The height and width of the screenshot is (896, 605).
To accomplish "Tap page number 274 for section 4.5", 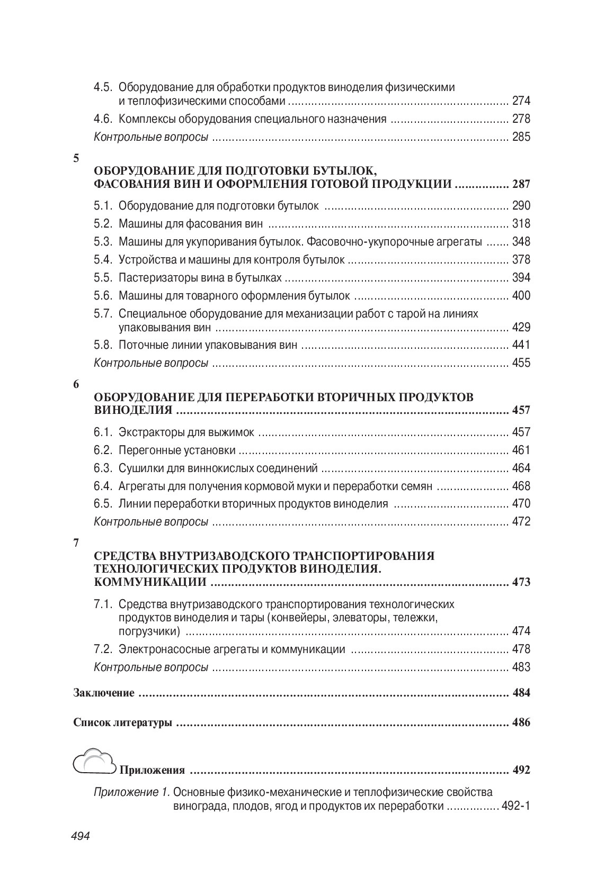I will pyautogui.click(x=521, y=101).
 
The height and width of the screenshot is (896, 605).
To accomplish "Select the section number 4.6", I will pyautogui.click(x=103, y=119).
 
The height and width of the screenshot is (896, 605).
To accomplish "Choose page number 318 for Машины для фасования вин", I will pyautogui.click(x=521, y=223).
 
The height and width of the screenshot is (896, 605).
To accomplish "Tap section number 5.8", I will pyautogui.click(x=103, y=345).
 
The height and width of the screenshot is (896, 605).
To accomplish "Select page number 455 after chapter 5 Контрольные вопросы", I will pyautogui.click(x=521, y=363).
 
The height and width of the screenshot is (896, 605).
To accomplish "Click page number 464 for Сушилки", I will pyautogui.click(x=521, y=468).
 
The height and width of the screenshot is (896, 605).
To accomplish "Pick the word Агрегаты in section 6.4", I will pyautogui.click(x=140, y=486).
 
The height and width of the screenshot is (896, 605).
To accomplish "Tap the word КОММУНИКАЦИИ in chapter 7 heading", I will pyautogui.click(x=150, y=582).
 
